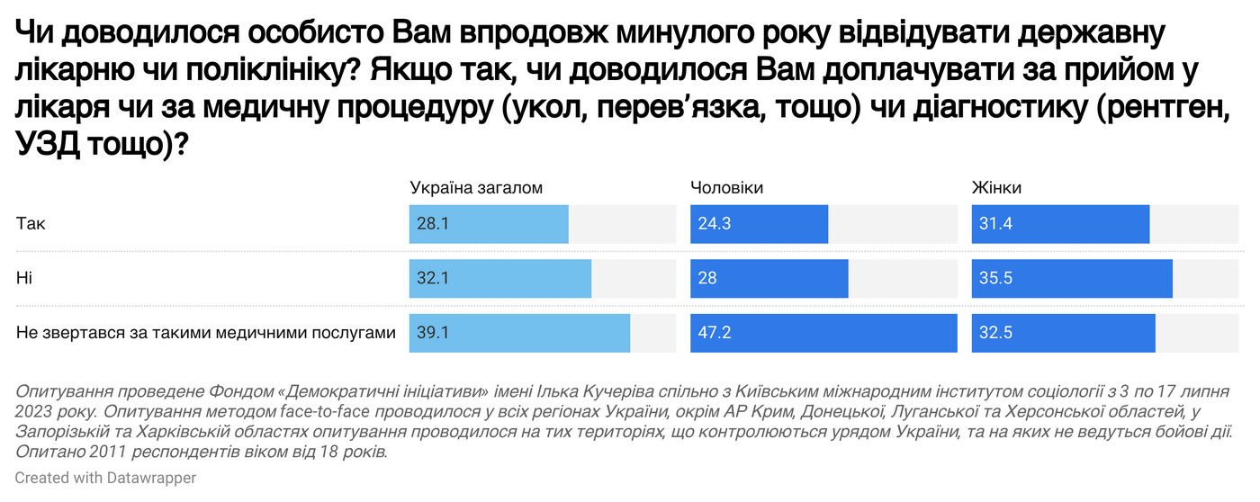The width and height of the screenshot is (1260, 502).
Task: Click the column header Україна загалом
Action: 476,187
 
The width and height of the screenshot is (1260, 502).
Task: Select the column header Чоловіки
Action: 726,187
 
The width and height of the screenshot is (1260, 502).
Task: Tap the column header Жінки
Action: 996,187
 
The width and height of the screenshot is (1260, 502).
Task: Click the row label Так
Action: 31,224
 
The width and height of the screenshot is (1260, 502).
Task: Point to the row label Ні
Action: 24,279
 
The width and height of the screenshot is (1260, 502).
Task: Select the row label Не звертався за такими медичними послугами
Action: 206,334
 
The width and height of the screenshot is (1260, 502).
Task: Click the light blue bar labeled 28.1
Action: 489,224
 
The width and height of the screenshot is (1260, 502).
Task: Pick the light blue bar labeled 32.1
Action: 500,279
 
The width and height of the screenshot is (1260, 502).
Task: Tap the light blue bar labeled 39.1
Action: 519,334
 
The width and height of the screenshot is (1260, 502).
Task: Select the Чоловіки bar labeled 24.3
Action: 759,224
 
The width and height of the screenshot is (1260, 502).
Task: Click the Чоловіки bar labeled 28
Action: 769,279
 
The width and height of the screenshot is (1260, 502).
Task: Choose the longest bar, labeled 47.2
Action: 823,334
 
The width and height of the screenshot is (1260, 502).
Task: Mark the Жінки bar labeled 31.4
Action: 1060,224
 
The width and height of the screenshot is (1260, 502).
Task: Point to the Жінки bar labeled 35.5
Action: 1072,279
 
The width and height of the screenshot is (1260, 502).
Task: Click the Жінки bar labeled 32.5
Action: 1063,334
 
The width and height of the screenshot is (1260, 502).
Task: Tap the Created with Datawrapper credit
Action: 105,479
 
